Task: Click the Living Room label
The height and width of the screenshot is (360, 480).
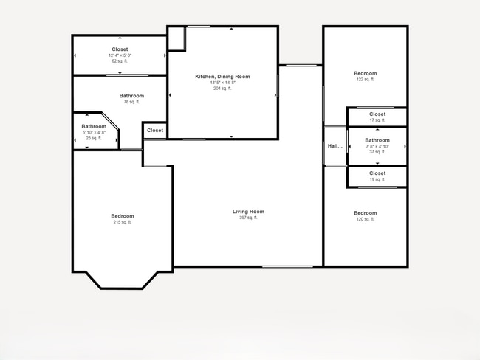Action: coord(248,212)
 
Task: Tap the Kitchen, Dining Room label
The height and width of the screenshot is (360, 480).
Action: coord(222,77)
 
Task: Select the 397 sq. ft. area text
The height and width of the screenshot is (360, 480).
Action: coord(248,218)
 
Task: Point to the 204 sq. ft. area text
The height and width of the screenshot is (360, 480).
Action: coord(222,89)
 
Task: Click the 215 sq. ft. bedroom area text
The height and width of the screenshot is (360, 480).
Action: coord(123,222)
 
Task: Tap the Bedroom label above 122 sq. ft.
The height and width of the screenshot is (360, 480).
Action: coord(365,73)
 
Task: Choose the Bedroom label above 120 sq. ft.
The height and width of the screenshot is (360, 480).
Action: coord(365,213)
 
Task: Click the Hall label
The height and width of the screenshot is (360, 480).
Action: coord(335,146)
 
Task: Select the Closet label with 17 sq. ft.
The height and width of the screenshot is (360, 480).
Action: coord(377,114)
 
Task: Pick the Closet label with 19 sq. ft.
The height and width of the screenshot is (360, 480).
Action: coord(377,173)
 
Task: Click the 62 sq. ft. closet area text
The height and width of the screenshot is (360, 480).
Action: coord(120,61)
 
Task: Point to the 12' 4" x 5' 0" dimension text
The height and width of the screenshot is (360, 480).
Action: coord(120,55)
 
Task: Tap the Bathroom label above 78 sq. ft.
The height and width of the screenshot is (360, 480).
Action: coord(131,96)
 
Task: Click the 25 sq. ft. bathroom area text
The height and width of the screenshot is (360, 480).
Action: coord(94,138)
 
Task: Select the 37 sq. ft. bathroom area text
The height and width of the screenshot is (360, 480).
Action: coord(377,152)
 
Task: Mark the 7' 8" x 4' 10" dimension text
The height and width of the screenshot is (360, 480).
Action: coord(377,146)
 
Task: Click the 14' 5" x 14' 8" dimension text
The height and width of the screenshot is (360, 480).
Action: coord(222,83)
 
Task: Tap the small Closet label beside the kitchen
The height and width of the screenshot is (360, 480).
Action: coord(155,131)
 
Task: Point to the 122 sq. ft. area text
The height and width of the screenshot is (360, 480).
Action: coord(365,79)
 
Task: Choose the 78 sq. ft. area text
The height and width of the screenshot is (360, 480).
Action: coord(131,102)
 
